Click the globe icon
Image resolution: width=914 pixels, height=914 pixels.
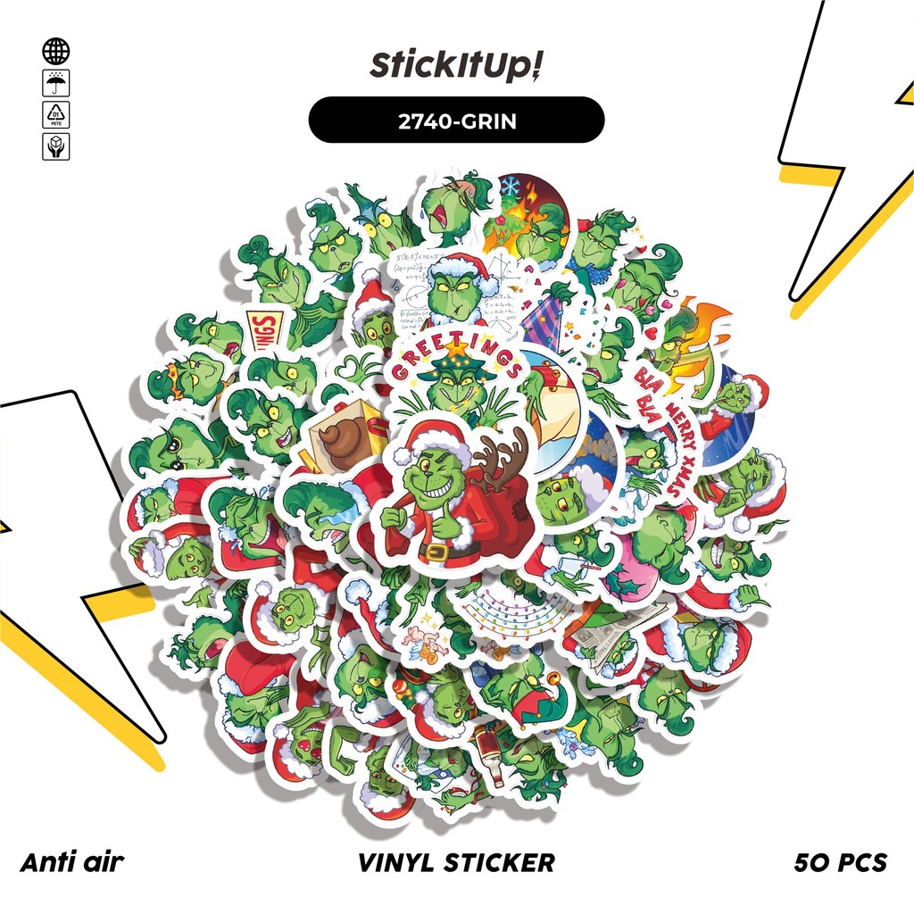click(x=55, y=51)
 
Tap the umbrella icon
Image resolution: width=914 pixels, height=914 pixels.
click(x=55, y=83)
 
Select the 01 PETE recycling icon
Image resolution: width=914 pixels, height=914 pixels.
click(x=55, y=114)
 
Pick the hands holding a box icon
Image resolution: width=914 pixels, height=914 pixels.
click(x=55, y=145)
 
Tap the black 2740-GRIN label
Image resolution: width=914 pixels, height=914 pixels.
click(x=456, y=120)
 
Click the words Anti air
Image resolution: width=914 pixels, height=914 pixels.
click(x=71, y=862)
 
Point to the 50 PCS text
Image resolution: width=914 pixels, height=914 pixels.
click(x=840, y=862)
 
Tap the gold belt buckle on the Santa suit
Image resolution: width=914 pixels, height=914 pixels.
click(x=436, y=553)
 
